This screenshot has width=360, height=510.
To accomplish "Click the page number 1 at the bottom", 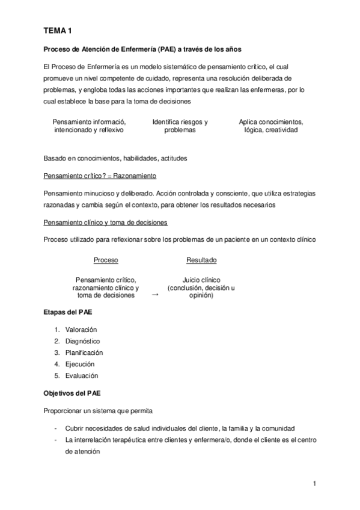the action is (314, 483).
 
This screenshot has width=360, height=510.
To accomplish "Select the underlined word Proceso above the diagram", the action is (106, 260).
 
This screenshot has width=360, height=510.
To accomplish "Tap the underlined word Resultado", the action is (201, 260).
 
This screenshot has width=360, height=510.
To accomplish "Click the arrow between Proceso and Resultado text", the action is (155, 295).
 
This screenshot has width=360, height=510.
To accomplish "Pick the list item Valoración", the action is (81, 330).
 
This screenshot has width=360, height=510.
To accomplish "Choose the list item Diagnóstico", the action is (82, 341).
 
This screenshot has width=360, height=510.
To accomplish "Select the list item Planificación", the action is (84, 352).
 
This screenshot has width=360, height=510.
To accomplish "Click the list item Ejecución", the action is (80, 364).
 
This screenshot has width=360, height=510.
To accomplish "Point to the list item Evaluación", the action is (81, 375).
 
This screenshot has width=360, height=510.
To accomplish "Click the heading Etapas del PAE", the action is (67, 313).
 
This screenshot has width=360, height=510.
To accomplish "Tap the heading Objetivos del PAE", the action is (72, 393).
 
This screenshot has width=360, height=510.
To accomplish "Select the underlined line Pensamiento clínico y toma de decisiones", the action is (106, 223).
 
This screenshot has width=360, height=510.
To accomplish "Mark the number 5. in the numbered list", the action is (56, 375).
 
